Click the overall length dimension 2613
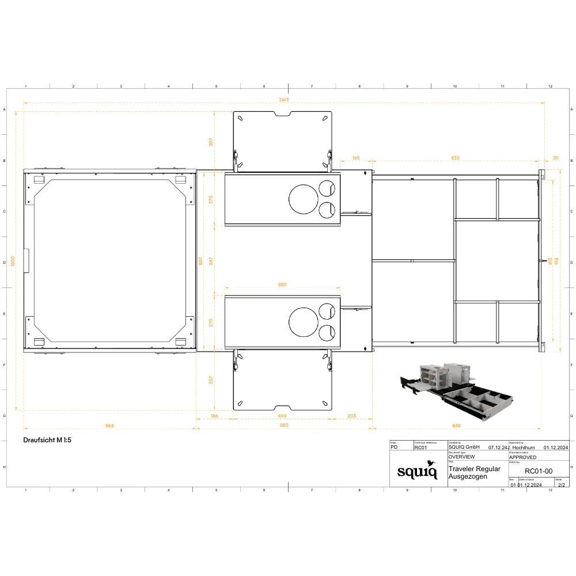283,100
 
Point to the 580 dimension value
282,285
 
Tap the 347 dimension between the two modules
211,261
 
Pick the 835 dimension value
455,158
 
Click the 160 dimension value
355,158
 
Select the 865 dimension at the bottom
109,426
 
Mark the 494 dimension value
282,416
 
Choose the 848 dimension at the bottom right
457,426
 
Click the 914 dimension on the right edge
556,261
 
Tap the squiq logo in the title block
417,471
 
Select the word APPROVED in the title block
523,457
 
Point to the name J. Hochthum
522,447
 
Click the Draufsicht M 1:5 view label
47,439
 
